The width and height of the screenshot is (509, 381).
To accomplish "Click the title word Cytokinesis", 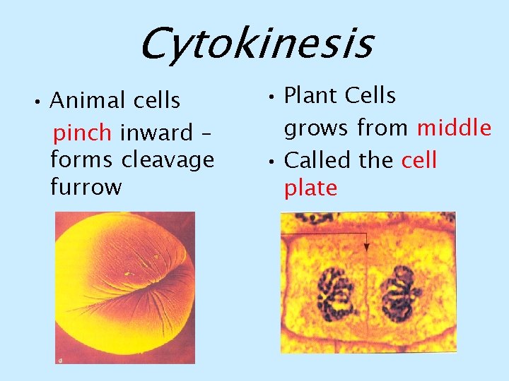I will (x=255, y=44).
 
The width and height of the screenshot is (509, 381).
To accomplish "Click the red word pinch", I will (x=83, y=132).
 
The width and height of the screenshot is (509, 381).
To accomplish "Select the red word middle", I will (x=454, y=128).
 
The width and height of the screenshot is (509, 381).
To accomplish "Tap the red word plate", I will (x=310, y=188).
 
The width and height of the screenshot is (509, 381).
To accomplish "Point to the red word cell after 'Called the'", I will (x=419, y=160).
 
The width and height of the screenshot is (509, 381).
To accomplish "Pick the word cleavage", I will (x=168, y=160).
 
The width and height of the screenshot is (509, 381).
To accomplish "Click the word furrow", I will (x=86, y=188).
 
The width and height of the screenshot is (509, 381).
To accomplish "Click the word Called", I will (x=318, y=160).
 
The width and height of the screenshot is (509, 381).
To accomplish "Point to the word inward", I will (x=156, y=132).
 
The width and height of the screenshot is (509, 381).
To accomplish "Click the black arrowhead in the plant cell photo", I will (x=366, y=247).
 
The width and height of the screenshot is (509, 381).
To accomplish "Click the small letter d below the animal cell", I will (x=60, y=360).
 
